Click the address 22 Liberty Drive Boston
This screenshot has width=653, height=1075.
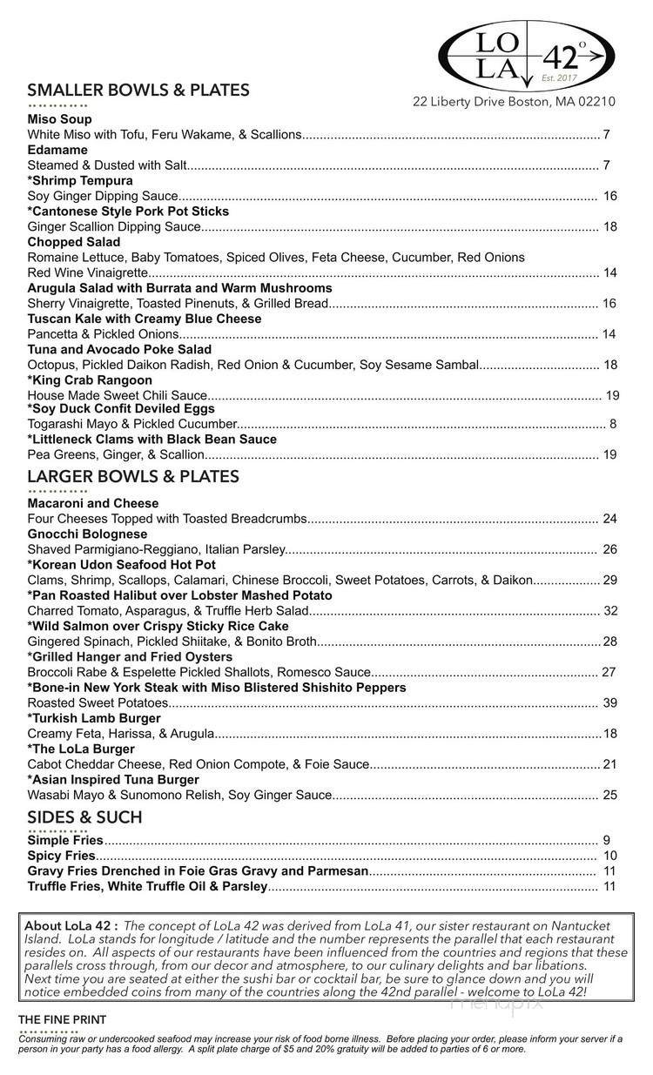point(515,102)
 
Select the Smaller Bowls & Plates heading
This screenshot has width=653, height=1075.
point(138,91)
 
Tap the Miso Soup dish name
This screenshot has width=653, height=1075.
point(59,119)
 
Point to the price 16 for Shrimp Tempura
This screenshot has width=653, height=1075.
point(610,197)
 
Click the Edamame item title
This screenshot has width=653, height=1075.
point(57,150)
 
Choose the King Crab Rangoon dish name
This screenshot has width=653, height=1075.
point(90,380)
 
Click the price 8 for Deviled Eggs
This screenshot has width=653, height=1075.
point(613,424)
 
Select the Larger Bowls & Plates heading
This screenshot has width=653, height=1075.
point(133,476)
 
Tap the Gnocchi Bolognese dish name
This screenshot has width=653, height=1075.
point(87,534)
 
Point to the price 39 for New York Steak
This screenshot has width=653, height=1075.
point(610,703)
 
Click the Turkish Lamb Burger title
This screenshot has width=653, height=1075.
point(94,718)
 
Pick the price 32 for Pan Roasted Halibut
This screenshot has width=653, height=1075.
point(610,611)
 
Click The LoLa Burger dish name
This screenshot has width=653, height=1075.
point(81,749)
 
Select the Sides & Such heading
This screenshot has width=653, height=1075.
point(84,817)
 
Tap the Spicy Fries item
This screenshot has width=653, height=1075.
point(62,856)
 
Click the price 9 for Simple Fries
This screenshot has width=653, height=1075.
point(606,841)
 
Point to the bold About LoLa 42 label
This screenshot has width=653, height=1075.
point(72,926)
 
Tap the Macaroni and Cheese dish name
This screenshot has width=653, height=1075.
point(93,503)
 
